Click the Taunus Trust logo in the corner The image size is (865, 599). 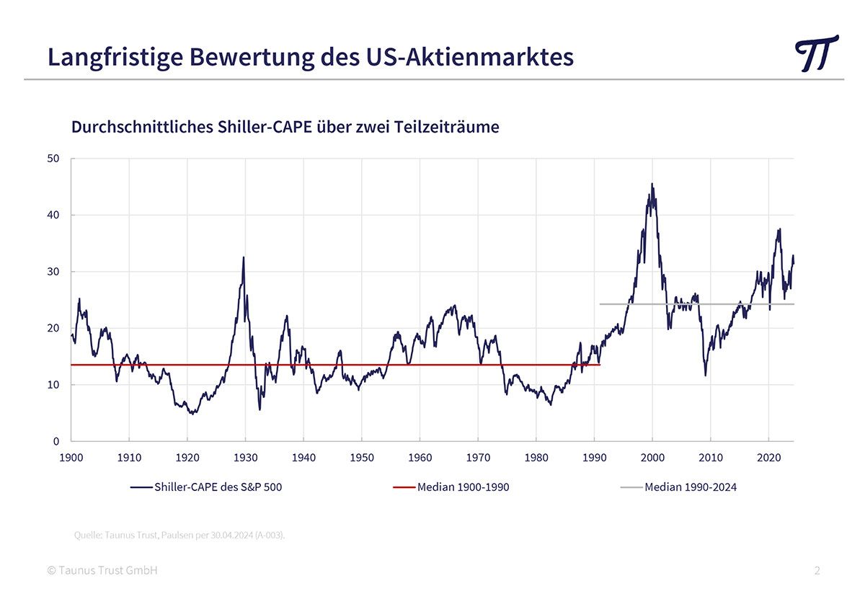[x=817, y=53]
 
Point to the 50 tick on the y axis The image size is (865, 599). [x=53, y=159]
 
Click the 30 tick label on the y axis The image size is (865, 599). [x=53, y=272]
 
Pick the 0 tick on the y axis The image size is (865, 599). [x=56, y=441]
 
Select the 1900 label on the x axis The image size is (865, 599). [x=71, y=458]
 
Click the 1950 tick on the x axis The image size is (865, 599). [x=362, y=458]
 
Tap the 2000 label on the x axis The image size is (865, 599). [x=652, y=458]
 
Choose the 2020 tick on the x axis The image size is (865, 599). [x=768, y=458]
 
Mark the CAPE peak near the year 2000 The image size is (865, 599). [x=652, y=185]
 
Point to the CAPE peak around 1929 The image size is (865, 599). [x=244, y=258]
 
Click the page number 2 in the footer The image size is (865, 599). [x=817, y=571]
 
